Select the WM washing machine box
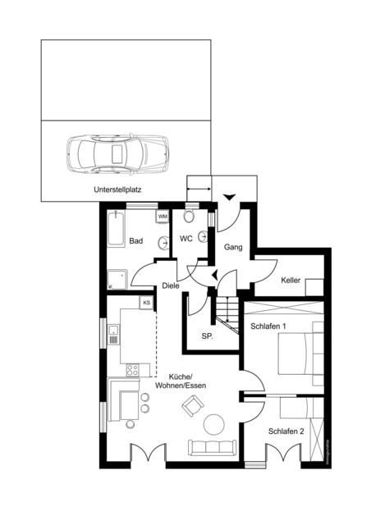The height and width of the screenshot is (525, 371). click(x=163, y=216)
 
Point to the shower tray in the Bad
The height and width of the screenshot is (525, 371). click(x=116, y=279)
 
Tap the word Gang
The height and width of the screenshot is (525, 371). click(x=233, y=246)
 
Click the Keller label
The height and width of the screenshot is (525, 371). click(x=291, y=281)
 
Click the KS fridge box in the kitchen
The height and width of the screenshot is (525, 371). click(x=147, y=303)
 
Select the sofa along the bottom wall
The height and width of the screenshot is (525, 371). click(x=213, y=447)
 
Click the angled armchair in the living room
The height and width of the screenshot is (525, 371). click(x=194, y=404)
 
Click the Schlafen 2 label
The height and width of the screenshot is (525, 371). click(x=286, y=431)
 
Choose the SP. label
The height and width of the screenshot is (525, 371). click(x=208, y=336)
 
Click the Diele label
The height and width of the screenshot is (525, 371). click(x=171, y=285)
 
